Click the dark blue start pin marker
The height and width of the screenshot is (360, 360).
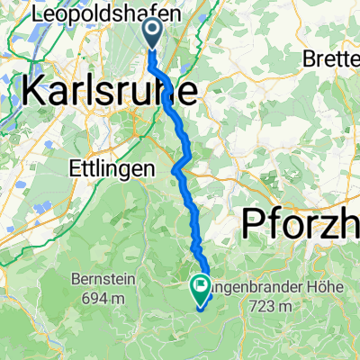[x=150, y=33]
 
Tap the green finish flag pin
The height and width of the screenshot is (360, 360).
[x=198, y=288]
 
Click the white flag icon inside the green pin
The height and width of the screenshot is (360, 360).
[x=198, y=287]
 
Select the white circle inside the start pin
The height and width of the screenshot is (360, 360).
[x=150, y=32]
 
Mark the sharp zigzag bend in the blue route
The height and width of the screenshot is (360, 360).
[x=181, y=162]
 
